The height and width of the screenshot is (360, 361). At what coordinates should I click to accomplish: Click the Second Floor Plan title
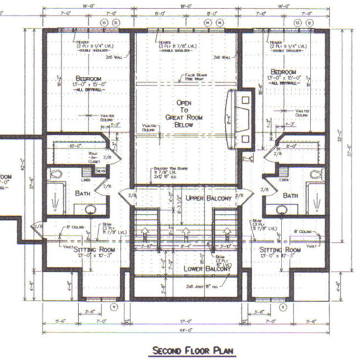click(193, 350)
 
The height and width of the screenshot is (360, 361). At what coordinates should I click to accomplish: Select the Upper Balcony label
click(208, 198)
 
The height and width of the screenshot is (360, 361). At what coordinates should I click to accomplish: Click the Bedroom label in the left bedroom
click(88, 79)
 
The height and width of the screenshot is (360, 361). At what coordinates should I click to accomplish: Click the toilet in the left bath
click(55, 174)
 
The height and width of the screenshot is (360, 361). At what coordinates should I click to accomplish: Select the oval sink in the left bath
click(90, 209)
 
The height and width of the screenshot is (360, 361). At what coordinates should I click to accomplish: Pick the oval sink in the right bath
click(281, 210)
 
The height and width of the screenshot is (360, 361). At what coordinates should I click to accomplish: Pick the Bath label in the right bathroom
click(291, 195)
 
